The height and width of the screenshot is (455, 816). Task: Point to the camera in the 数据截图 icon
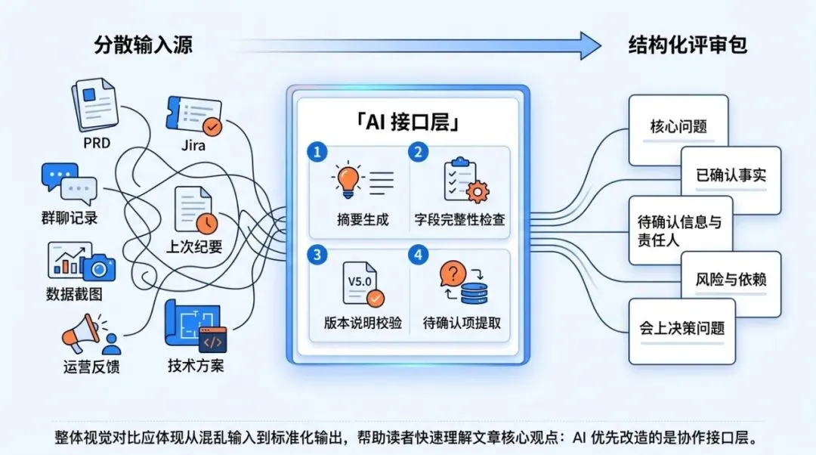click(x=98, y=267)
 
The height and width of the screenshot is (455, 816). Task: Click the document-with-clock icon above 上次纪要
click(x=195, y=209)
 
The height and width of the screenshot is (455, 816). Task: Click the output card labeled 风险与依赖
click(x=731, y=280)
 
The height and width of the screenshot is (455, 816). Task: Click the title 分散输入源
click(x=144, y=45)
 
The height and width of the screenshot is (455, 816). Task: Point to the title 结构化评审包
click(x=688, y=45)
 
